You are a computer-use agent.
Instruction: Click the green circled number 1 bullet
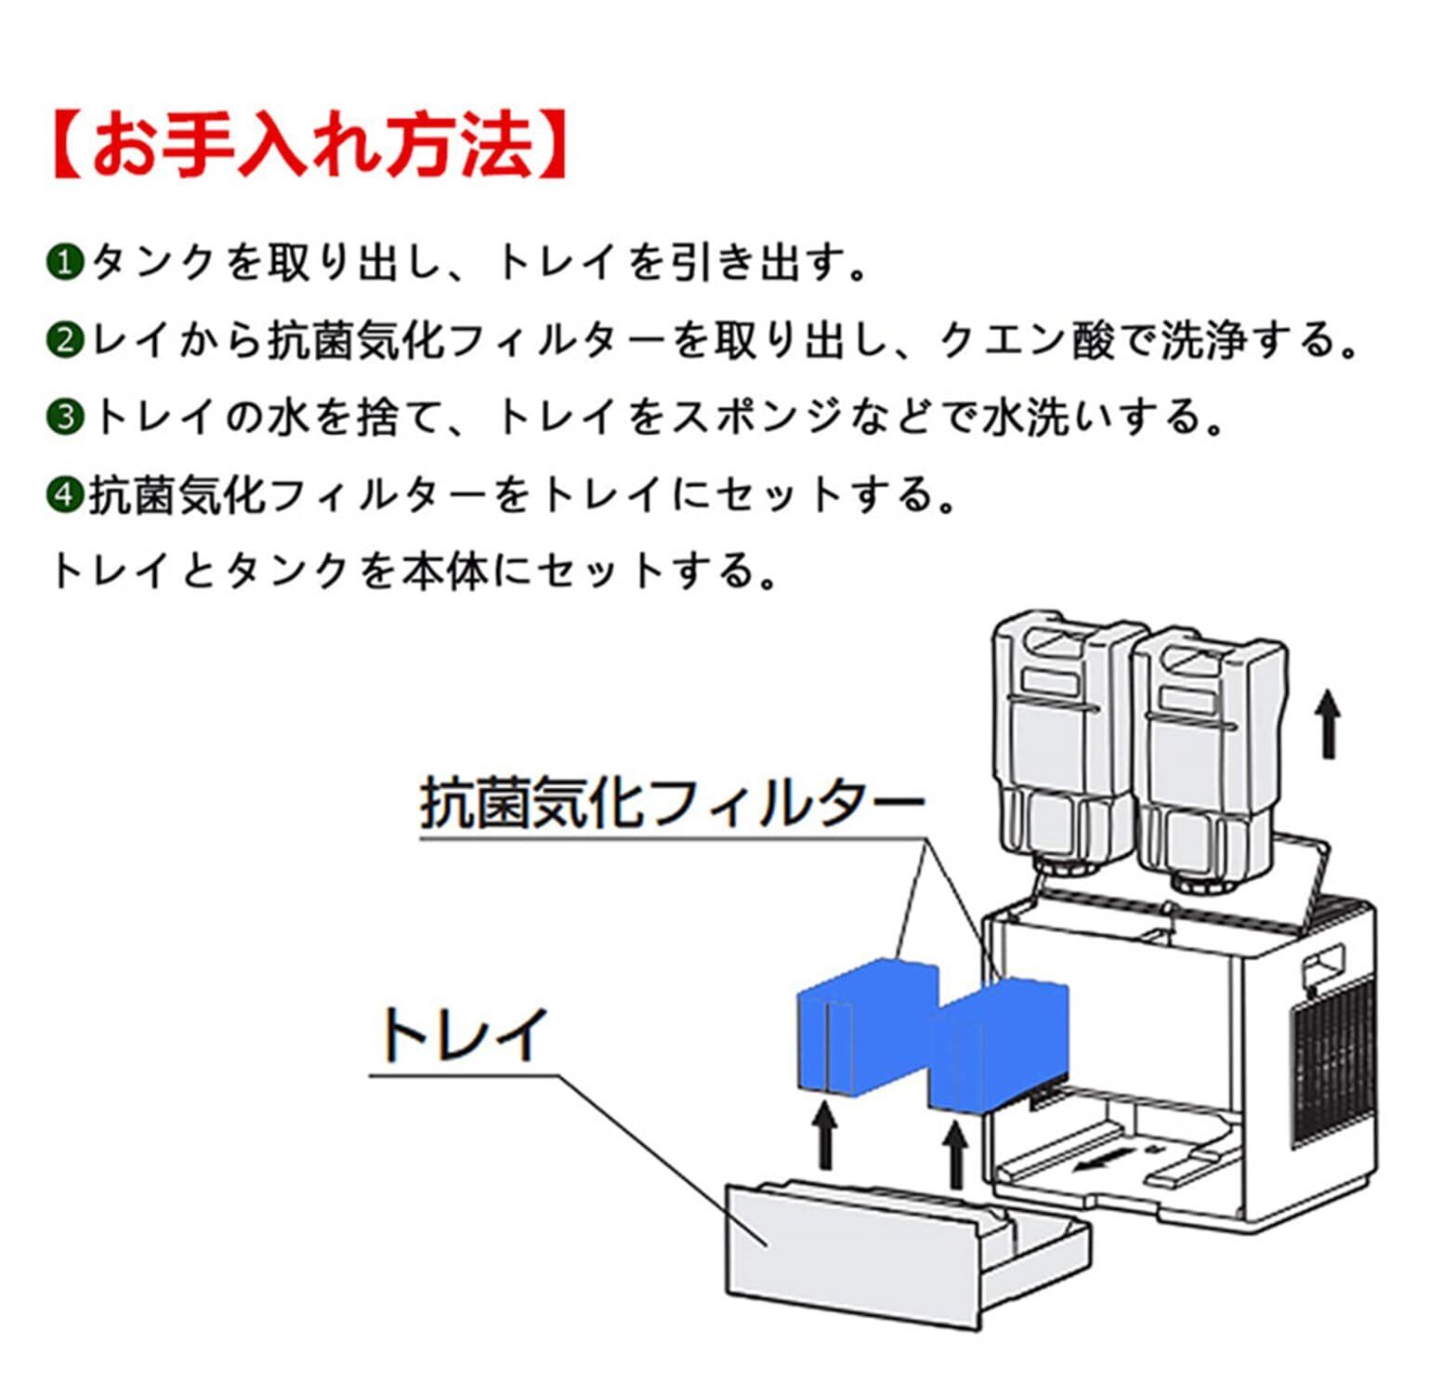coord(65,263)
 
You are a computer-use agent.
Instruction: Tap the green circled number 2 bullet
coord(65,340)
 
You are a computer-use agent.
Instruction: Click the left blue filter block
coord(868,1026)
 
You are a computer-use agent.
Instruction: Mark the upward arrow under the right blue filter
coord(954,1154)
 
